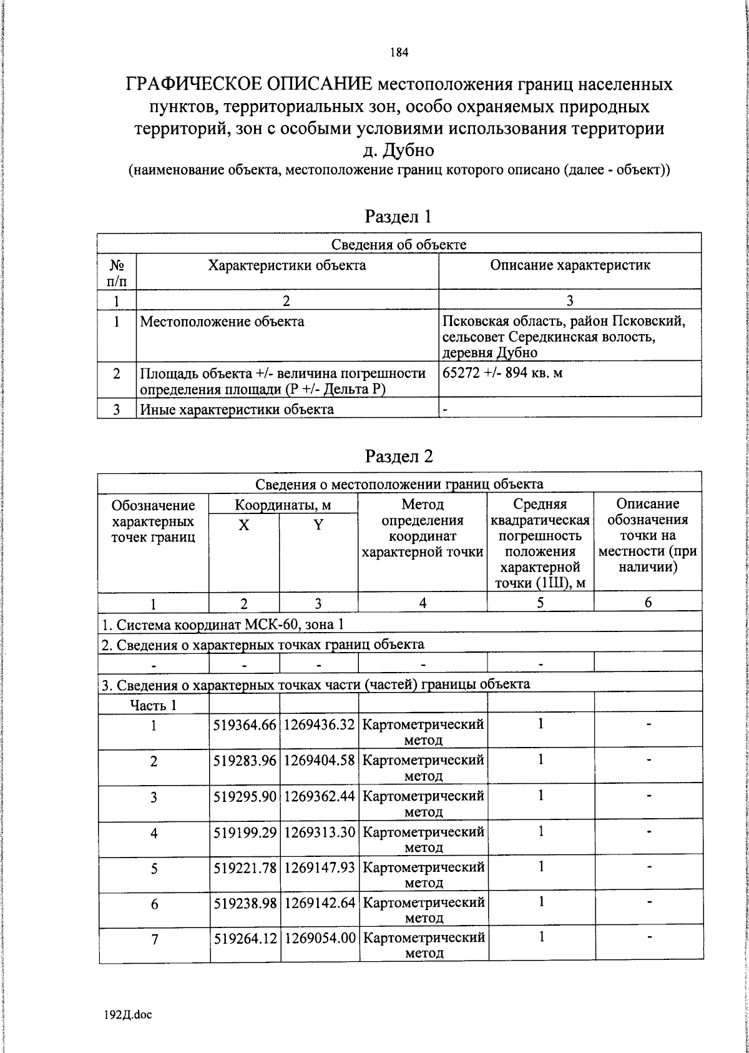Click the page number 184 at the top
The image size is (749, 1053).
[x=399, y=53]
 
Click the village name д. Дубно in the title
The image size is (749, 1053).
[x=399, y=151]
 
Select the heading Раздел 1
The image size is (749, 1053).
[x=398, y=217]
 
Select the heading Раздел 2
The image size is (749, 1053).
[x=399, y=457]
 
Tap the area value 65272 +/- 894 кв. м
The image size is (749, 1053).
[x=502, y=373]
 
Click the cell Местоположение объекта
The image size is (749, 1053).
[x=222, y=322]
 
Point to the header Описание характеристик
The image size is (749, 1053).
[x=570, y=265]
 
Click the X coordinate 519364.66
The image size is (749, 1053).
[x=245, y=725]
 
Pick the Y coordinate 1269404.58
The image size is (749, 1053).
[x=320, y=761]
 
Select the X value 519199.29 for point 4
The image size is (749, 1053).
[x=245, y=833]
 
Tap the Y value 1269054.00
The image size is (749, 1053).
[x=320, y=938]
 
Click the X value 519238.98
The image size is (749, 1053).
[x=245, y=903]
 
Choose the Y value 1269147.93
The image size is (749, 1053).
[x=320, y=868]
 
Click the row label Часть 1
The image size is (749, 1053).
[x=153, y=705]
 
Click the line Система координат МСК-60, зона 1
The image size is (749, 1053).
[x=222, y=625]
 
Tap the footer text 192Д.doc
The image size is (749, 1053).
[x=127, y=1015]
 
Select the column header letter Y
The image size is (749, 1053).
[x=318, y=525]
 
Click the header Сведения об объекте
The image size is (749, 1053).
[x=398, y=244]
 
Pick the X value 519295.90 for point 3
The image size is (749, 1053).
[x=245, y=796]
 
